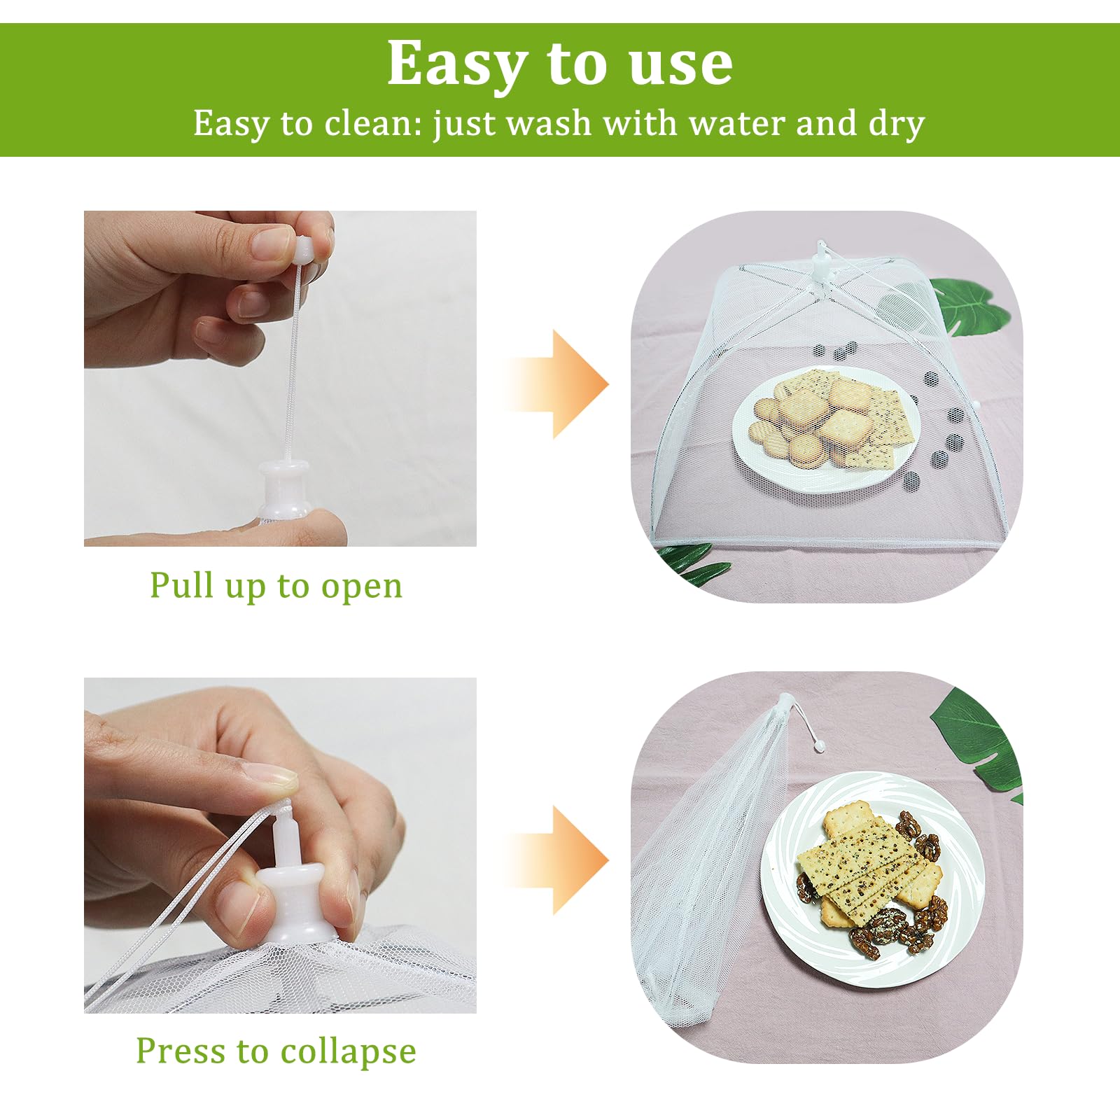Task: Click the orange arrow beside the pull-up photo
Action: pyautogui.click(x=556, y=384)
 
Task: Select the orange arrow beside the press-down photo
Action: pyautogui.click(x=556, y=860)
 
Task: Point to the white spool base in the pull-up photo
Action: pyautogui.click(x=284, y=486)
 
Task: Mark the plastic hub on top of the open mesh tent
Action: pyautogui.click(x=820, y=264)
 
